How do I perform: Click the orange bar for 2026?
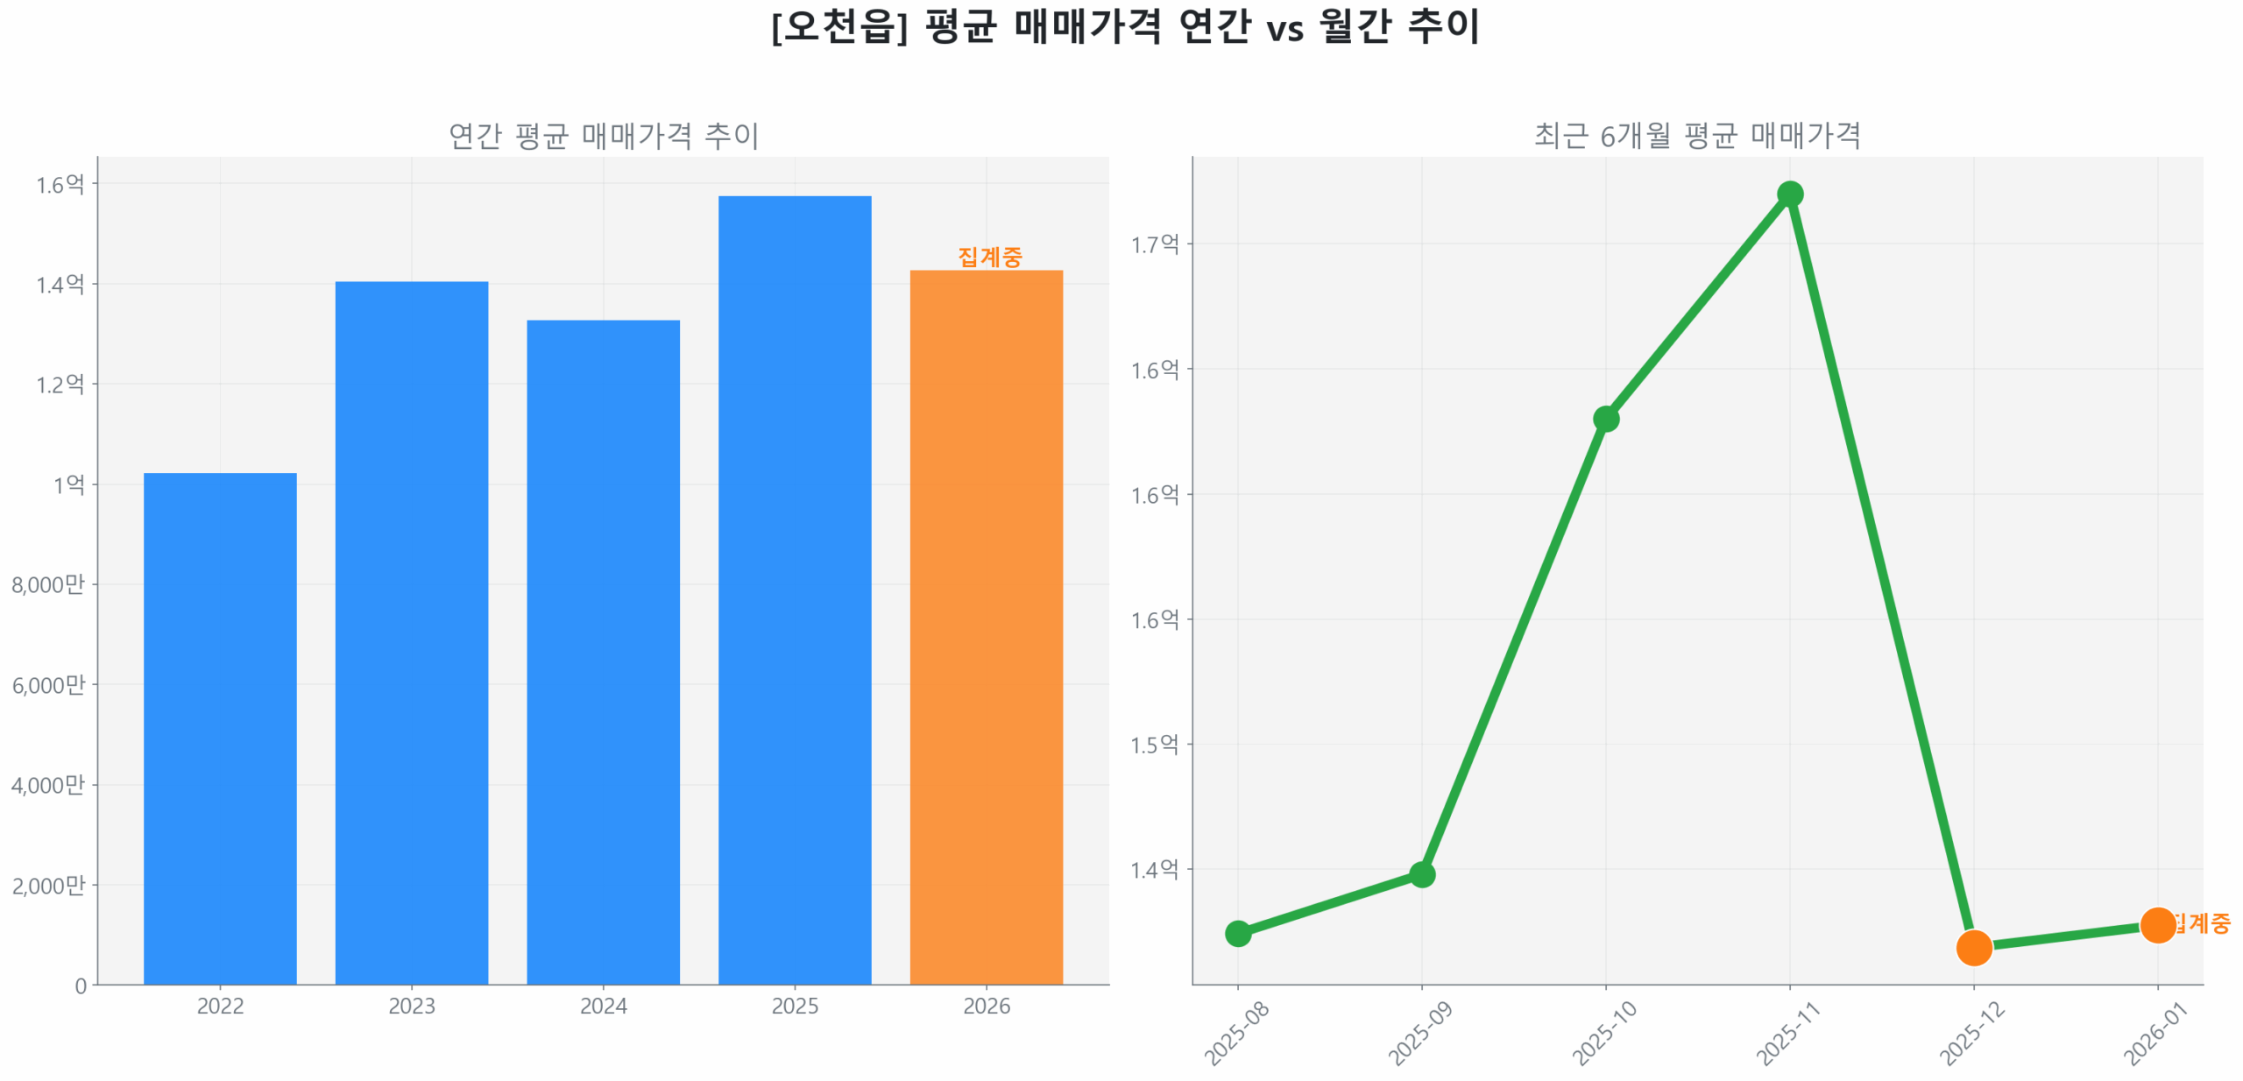click(986, 626)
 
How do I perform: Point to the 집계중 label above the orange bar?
click(989, 257)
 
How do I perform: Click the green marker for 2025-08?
click(1237, 933)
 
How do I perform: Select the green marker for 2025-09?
click(1421, 873)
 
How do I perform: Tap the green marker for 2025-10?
click(1605, 419)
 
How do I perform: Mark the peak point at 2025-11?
click(1789, 194)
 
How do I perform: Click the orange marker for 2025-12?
click(1973, 947)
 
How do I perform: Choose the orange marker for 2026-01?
click(2157, 925)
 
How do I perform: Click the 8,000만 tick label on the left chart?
click(48, 584)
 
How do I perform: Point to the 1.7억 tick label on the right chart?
click(1155, 244)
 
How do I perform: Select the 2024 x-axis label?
click(603, 1006)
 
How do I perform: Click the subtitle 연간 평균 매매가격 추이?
click(603, 136)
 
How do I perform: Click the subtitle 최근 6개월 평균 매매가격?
click(1697, 136)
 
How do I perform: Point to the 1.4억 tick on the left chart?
click(60, 285)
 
